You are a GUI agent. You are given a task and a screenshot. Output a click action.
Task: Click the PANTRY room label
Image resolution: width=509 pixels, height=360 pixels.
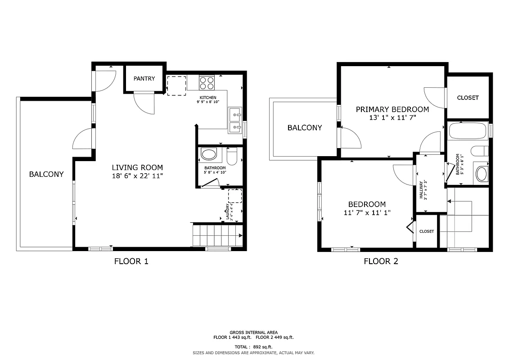(144, 79)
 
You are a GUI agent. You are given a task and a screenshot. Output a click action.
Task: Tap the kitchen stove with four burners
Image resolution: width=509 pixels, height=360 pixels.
(207, 83)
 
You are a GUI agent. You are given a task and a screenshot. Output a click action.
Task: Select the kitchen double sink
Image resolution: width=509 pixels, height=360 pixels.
(235, 121)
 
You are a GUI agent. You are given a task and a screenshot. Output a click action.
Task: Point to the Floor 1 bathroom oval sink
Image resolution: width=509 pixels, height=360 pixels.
(209, 155)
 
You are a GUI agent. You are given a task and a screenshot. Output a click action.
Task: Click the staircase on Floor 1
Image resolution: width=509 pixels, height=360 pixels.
(216, 235)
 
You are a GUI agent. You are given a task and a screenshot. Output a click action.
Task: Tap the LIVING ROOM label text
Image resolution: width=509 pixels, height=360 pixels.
(137, 167)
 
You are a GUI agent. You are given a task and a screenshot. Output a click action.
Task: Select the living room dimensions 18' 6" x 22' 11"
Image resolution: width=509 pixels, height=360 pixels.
(137, 176)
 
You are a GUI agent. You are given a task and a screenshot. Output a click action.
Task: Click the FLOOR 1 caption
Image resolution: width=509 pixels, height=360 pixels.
(131, 261)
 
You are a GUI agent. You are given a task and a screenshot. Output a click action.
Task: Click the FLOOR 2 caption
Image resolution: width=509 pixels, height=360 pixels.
(381, 261)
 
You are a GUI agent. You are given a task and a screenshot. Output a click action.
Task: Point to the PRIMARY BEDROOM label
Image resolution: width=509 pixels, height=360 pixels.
(392, 109)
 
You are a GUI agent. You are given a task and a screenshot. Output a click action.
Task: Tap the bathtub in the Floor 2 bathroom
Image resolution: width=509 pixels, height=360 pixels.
(467, 131)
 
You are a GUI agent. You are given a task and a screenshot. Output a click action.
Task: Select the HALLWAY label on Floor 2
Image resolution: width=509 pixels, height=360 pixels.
(422, 190)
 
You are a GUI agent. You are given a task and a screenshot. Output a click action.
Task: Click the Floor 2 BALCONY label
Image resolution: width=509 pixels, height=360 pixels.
(305, 128)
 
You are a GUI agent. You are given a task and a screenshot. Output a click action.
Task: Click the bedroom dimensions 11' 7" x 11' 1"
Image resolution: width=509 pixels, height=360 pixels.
(367, 213)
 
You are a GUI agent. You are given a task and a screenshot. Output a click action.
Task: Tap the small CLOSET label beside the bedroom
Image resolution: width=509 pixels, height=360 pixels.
(427, 231)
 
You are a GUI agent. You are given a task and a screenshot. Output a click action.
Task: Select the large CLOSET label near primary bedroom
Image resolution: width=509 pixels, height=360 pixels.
(468, 98)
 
